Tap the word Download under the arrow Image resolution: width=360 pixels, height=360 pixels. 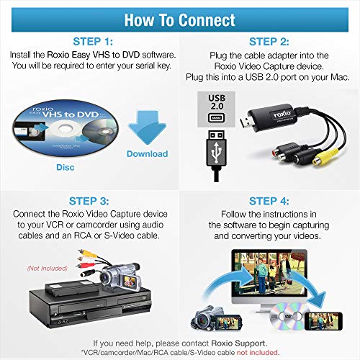[147, 154]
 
